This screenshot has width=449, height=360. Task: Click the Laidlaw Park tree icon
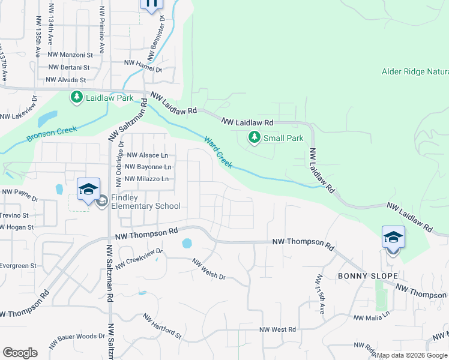[x=76, y=97]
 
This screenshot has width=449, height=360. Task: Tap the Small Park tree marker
[x=255, y=138]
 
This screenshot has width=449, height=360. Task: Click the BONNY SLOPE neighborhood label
[x=359, y=276]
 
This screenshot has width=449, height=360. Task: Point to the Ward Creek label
[x=217, y=152]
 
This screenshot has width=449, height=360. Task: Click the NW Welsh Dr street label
[x=208, y=269]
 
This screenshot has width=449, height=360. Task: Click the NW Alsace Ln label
[x=146, y=155]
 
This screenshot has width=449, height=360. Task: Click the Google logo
[x=20, y=353]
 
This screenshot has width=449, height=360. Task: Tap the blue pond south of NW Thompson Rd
[x=187, y=244]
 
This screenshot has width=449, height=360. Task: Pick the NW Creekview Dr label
[x=139, y=259]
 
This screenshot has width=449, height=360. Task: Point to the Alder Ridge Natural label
[x=414, y=72]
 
